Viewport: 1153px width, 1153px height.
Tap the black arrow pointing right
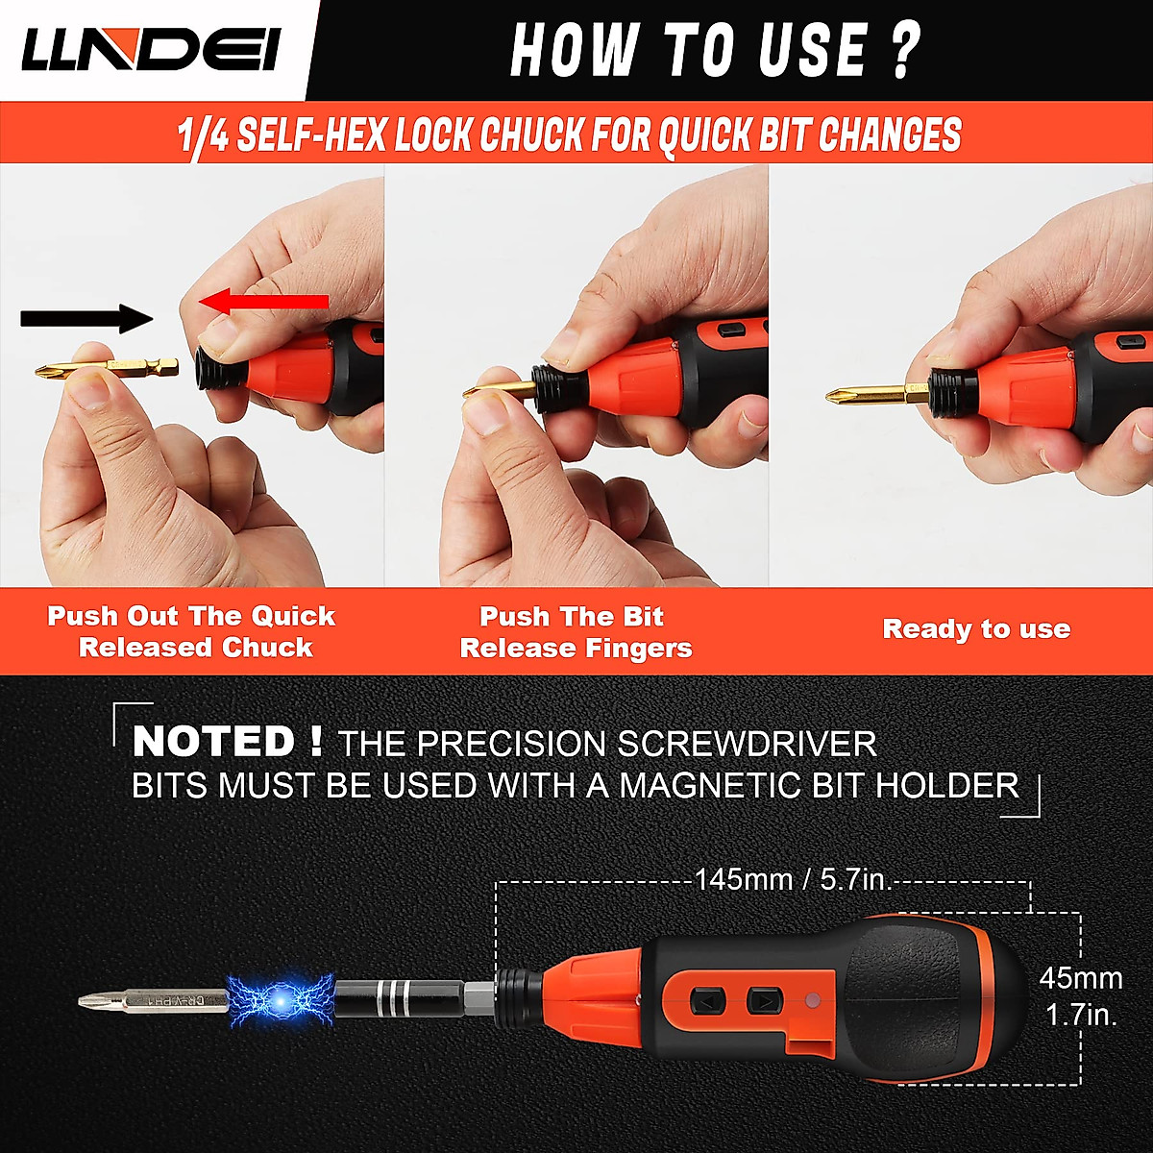pos(86,317)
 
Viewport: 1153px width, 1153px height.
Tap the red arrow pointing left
pos(264,303)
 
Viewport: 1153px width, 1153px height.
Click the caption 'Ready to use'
pos(976,629)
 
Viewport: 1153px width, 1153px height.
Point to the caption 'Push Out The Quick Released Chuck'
pos(192,631)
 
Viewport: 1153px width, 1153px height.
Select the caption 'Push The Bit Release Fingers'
pos(576,631)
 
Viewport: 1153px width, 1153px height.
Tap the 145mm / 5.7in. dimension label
pos(793,879)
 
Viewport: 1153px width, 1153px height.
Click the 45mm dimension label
pos(1081,979)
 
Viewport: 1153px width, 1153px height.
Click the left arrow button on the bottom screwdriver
pos(707,1002)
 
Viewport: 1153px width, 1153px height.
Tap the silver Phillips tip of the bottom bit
pos(96,1002)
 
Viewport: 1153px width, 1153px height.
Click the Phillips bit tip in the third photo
pos(846,395)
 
